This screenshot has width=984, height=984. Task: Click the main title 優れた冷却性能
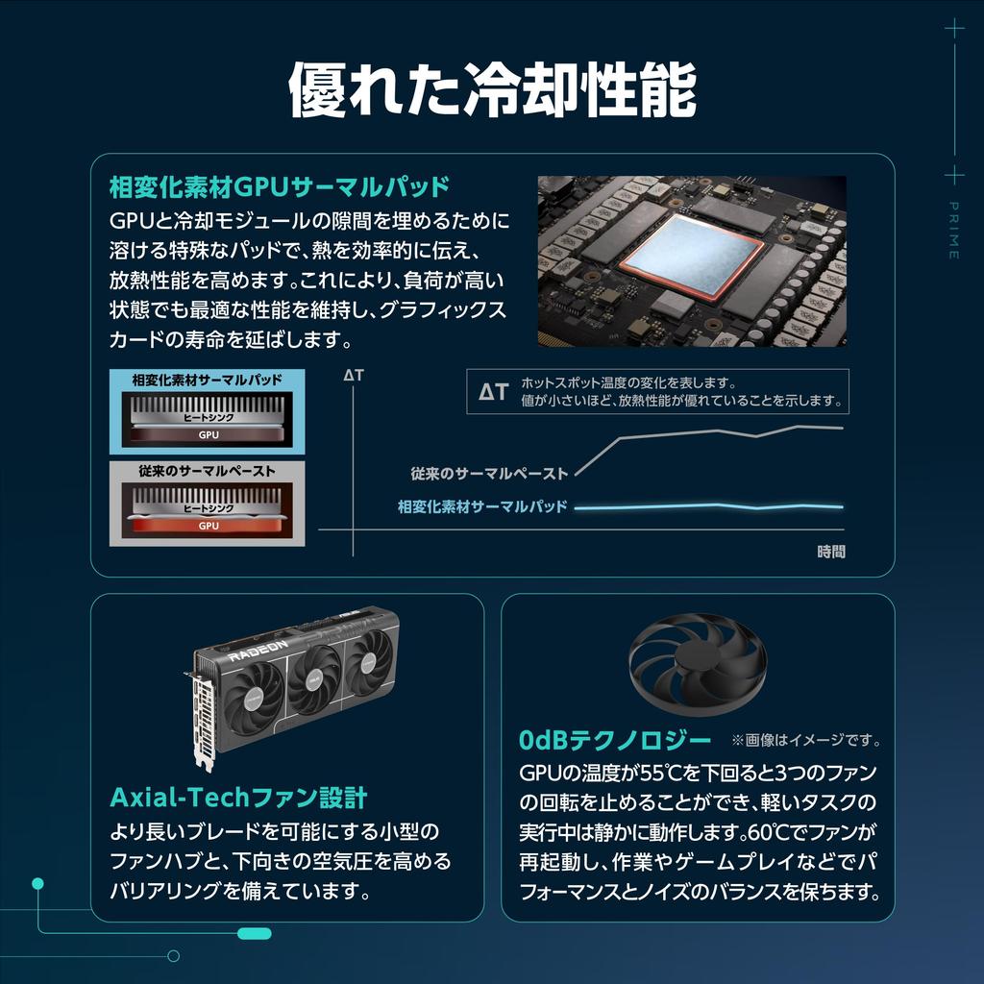[492, 89]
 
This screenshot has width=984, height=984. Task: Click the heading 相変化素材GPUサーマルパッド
[280, 187]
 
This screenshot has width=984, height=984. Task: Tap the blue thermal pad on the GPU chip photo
[692, 256]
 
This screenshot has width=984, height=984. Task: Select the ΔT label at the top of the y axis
[354, 376]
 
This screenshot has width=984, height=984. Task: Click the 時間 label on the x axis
[831, 552]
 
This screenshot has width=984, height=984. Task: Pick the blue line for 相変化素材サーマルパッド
[709, 506]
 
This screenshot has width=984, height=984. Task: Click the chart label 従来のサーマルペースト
[489, 474]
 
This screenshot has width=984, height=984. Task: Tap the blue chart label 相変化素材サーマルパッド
[482, 506]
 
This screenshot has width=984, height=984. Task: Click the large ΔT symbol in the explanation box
[493, 392]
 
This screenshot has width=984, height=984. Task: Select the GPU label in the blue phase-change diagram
[209, 435]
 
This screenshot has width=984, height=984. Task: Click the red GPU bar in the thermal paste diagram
[208, 526]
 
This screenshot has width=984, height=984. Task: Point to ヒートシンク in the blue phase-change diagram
[209, 417]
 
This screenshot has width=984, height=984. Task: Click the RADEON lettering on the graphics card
[258, 651]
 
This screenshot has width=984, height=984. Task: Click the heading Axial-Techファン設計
[238, 798]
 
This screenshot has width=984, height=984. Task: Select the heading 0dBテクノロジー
[615, 741]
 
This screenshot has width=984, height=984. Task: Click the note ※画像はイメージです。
[806, 741]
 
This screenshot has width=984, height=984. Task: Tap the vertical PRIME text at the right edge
[953, 231]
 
